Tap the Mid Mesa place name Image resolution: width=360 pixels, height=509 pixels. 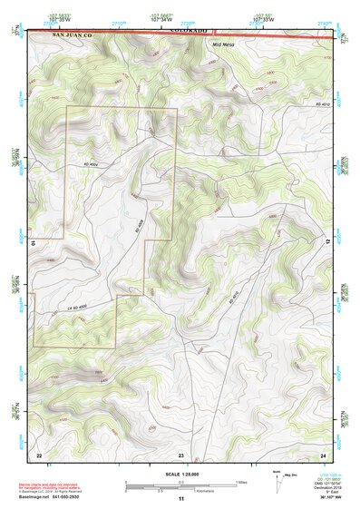[x=222, y=44]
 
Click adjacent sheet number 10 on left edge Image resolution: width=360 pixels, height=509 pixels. [x=32, y=243]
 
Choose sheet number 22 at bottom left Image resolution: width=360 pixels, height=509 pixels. [x=38, y=454]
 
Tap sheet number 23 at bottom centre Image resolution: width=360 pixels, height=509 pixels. [x=180, y=454]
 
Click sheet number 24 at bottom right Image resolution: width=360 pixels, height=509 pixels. [x=322, y=454]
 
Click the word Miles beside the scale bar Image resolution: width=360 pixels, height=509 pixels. [x=242, y=481]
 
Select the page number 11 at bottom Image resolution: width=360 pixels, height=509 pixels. [x=180, y=499]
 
